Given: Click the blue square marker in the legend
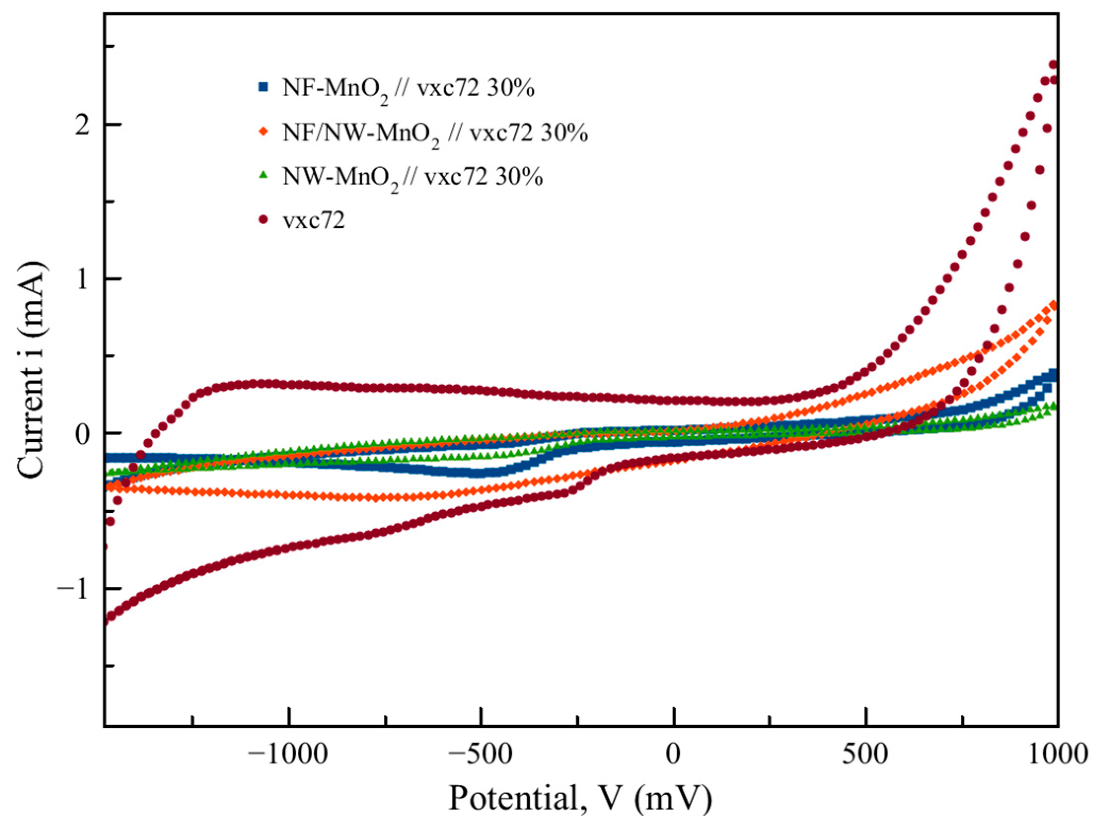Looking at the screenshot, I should pos(263,87).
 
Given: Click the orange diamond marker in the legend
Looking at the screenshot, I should pos(263,131).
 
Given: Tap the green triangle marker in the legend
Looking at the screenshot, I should pos(263,175).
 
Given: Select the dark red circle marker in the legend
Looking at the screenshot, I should pos(263,219).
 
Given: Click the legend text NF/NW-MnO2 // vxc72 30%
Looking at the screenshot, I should pos(435,133).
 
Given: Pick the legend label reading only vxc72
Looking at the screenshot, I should pos(314,220).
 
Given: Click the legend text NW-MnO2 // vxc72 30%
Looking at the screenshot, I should pos(412,176).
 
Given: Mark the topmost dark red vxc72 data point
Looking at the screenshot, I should pos(1054,78).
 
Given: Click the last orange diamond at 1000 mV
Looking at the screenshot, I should pos(1054,305).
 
